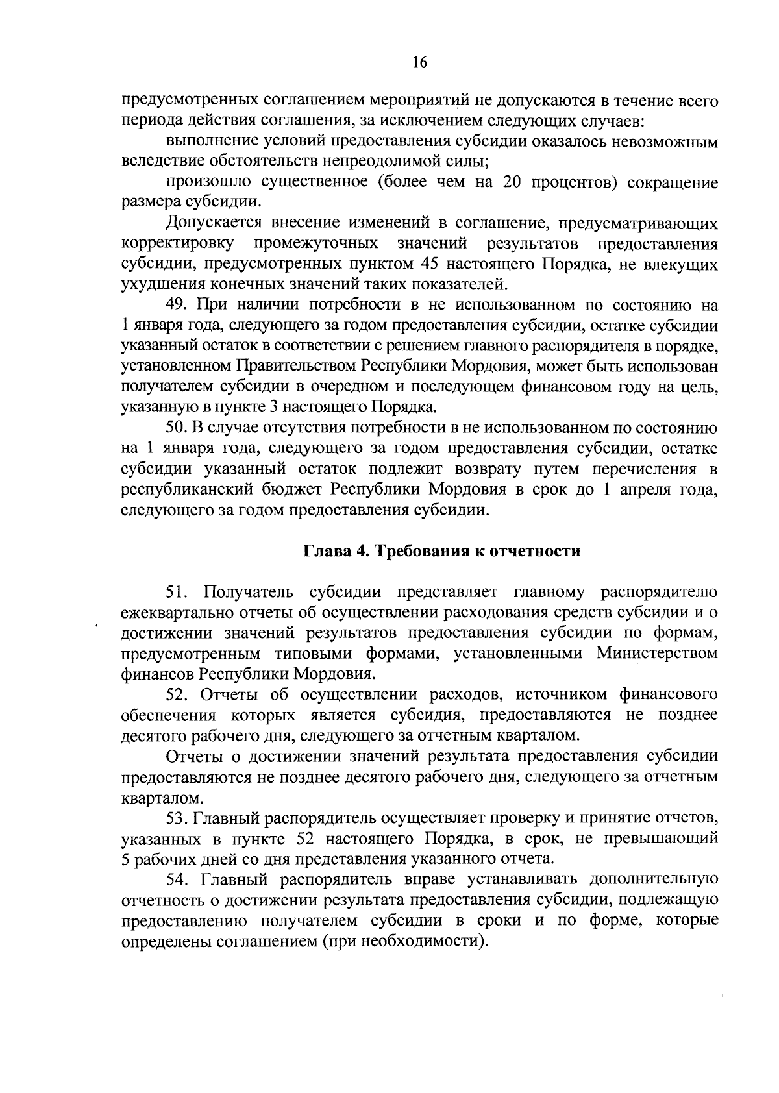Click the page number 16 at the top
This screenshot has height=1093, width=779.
tap(419, 62)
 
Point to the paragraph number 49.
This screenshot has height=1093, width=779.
tap(177, 306)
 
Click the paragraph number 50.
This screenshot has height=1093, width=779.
tap(177, 428)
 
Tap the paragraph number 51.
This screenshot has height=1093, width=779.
tap(178, 592)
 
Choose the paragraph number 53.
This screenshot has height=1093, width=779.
tap(177, 817)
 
